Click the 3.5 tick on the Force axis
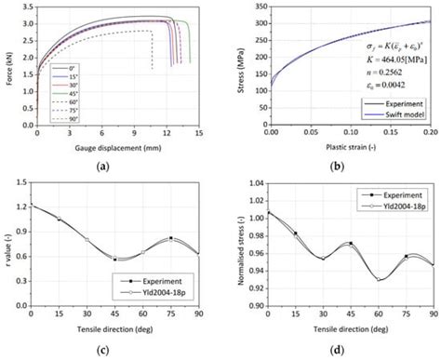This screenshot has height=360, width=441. coord(25,10)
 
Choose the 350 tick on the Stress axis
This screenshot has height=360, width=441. coord(256,10)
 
